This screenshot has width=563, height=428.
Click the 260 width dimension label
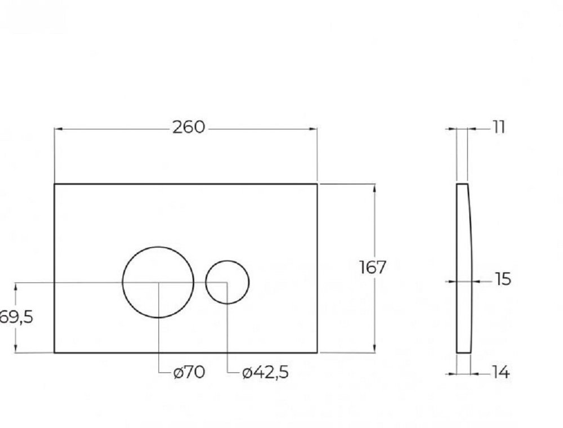pos(189,127)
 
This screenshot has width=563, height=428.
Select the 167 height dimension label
pos(372,267)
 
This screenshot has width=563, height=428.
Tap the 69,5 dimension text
pos(16,317)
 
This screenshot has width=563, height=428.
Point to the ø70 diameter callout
pos(189,372)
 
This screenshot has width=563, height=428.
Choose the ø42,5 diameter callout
pos(265,373)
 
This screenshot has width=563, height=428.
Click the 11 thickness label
pos(498,127)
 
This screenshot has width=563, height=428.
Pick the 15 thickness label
pos(503,279)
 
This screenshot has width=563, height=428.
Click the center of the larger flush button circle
pos(158,282)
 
